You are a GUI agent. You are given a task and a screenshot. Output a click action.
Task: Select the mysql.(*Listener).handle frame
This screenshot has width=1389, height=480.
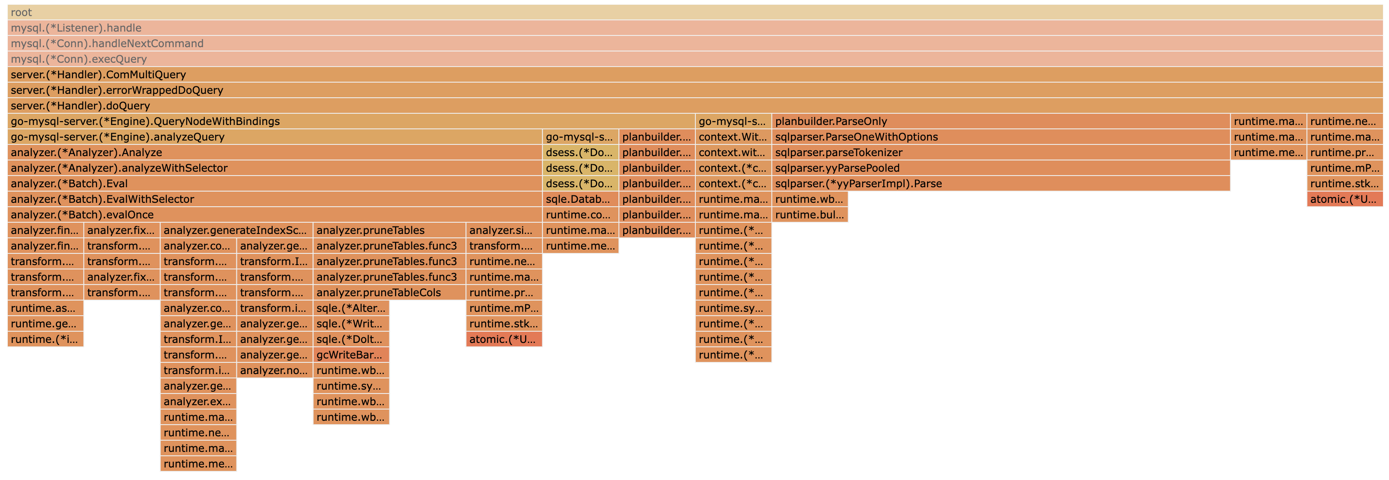694,28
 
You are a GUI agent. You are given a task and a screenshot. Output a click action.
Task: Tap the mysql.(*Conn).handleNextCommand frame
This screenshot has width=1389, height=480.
694,44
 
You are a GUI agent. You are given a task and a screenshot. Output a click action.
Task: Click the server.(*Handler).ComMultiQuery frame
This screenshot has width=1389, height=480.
694,75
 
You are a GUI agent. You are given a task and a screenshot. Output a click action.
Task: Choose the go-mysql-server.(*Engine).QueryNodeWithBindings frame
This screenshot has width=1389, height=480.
351,122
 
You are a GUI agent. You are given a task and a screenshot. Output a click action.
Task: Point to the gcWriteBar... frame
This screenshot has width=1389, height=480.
351,355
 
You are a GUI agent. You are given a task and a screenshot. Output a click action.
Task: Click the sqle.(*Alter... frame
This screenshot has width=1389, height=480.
351,308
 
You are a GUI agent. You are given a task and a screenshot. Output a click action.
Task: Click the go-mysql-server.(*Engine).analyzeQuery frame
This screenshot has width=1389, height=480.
274,138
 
